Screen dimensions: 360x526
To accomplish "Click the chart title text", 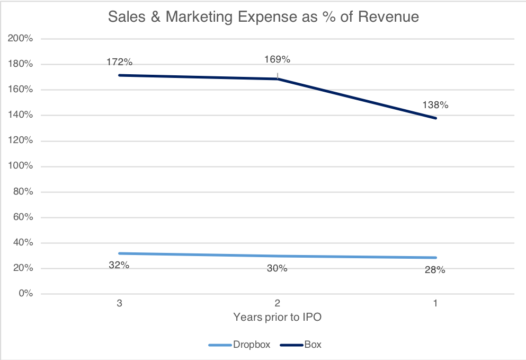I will (263, 17).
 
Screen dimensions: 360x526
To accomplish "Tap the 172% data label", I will (119, 62).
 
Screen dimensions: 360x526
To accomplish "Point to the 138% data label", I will (435, 105).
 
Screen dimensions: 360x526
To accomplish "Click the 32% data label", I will (119, 265).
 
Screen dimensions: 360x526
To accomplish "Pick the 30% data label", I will (277, 268).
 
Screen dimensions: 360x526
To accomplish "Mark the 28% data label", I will (435, 270).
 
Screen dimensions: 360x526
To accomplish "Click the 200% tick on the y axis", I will (21, 39).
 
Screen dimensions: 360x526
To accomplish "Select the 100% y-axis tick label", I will (21, 166).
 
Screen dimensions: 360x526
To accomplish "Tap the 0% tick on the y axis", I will (25, 294).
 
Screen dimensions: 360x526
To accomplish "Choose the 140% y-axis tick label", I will (21, 115).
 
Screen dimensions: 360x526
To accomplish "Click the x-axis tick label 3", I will (119, 304).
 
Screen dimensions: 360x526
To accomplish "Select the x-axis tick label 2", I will (277, 304).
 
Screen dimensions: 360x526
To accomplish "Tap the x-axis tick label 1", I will (435, 304).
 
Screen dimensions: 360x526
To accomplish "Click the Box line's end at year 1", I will (435, 118).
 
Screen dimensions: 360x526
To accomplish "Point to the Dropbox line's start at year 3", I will (119, 253).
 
